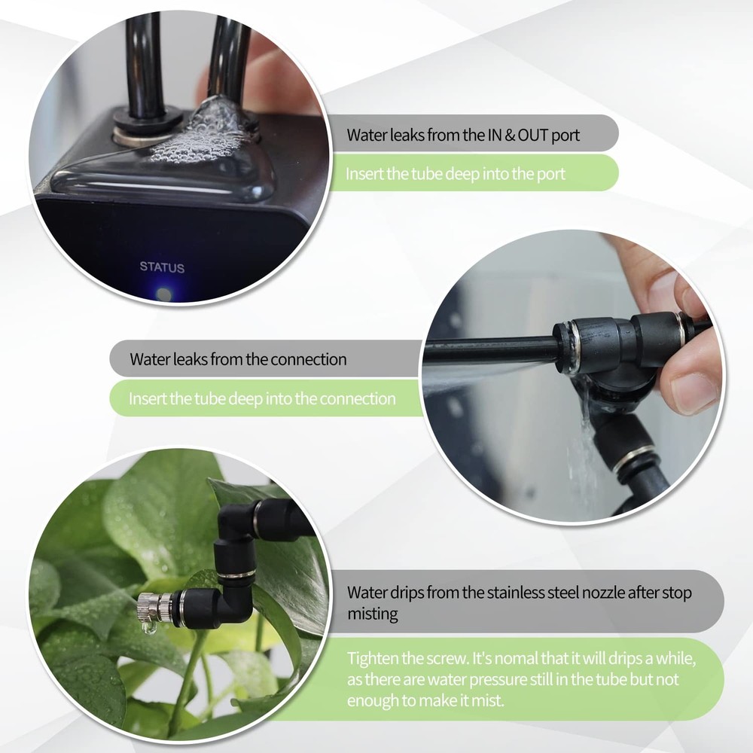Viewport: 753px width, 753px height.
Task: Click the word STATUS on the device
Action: [x=161, y=267]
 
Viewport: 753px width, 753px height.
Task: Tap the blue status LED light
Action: [x=163, y=294]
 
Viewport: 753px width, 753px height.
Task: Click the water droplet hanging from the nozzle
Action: [x=148, y=626]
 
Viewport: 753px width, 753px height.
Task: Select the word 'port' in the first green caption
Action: [x=549, y=174]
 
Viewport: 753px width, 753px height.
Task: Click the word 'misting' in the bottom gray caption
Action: [x=372, y=614]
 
